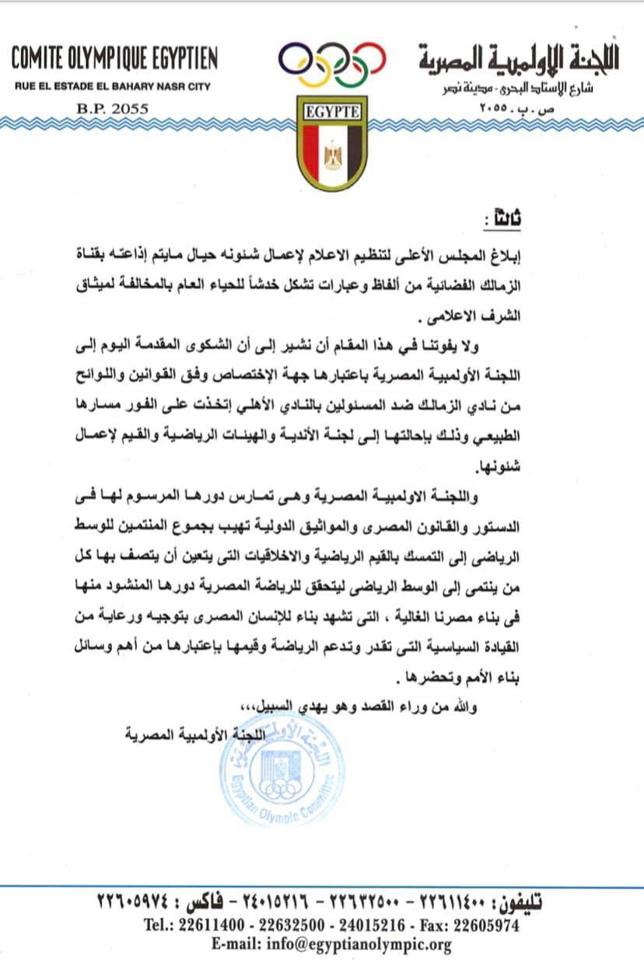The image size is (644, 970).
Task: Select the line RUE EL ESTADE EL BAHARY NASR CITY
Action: point(113,85)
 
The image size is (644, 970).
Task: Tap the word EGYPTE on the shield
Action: point(332,110)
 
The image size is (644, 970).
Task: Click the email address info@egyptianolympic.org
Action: point(331,945)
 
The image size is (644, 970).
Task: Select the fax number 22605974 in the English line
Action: point(484,926)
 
